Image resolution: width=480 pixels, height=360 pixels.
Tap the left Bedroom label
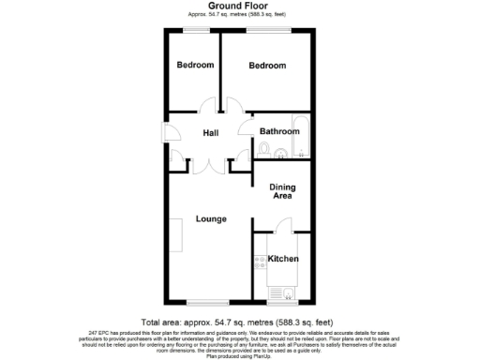pos(195,65)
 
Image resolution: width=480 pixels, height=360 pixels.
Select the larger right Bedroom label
pos(267,65)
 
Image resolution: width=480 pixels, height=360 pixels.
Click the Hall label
pos(211,133)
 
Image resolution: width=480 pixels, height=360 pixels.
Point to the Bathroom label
pos(279,131)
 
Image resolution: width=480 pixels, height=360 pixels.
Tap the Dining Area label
pos(283,191)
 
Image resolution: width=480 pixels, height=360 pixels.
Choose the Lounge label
pos(211,219)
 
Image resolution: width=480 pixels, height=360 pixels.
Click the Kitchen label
pos(283,258)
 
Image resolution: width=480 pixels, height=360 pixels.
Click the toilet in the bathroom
pos(264,149)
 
